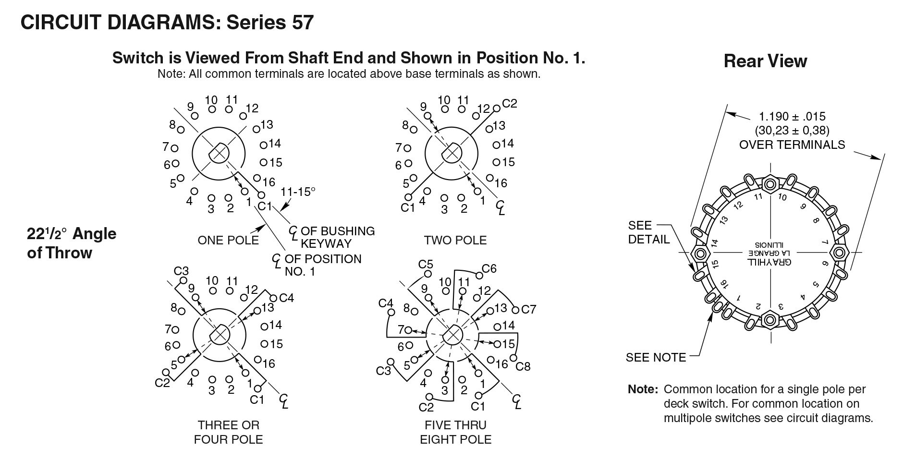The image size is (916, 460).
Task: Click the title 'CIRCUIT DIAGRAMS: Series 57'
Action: point(167,23)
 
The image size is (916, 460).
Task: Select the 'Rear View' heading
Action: point(765,61)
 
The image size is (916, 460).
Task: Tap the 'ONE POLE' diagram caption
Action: point(228,240)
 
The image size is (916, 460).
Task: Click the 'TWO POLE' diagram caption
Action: point(455,240)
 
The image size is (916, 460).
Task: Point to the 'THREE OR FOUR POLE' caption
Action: point(228,432)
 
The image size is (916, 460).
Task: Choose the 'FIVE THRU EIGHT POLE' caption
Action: point(455,432)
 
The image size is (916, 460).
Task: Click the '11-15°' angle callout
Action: point(298,191)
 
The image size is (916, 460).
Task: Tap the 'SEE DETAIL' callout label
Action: point(648,232)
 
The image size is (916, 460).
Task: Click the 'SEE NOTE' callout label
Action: point(656,357)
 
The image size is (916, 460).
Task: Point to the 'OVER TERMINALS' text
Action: point(792,145)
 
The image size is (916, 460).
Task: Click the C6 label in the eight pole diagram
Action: point(489,269)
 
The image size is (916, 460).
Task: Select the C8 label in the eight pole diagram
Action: point(523,367)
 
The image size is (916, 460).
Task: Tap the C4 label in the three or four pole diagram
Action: point(286,298)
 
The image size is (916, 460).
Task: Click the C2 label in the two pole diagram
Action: point(510,104)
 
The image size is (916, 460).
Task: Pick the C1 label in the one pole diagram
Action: point(265,206)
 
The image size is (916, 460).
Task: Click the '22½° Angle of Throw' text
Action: point(72,243)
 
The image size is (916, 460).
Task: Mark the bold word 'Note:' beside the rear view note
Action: point(643,389)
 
